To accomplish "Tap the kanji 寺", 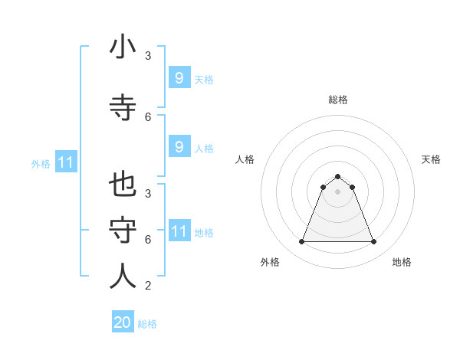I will (123, 106).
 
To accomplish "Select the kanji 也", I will (123, 186).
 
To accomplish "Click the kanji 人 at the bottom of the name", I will (123, 276).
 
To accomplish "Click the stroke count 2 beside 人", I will (148, 286).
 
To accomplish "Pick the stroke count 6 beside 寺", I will (148, 116).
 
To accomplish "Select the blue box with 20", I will (123, 322).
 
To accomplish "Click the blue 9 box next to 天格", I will (179, 77).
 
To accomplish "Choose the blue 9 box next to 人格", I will (179, 147).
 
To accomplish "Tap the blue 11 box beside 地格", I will (179, 231).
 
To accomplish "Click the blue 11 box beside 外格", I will (66, 162).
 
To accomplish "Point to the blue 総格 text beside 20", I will (147, 324).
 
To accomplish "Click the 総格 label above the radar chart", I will (338, 100).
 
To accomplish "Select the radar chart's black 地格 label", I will (402, 262).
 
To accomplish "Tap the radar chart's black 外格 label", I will (270, 262).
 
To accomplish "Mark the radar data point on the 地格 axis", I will (374, 242).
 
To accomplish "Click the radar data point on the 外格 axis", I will (301, 242).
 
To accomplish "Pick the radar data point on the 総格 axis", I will (338, 176).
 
